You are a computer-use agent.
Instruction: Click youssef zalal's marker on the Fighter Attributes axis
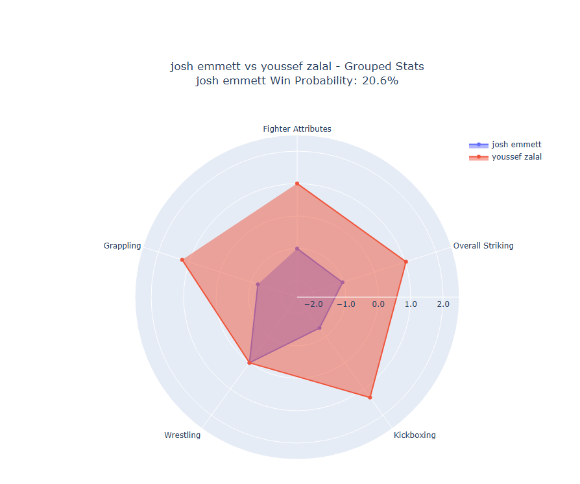297,184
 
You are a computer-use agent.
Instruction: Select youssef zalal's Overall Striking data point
405,262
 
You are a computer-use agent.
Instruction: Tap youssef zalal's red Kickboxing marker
370,397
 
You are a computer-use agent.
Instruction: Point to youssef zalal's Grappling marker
182,260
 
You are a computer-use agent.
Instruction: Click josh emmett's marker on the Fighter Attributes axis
297,248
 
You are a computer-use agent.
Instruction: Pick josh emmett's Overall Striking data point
342,282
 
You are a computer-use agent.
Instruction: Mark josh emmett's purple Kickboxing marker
319,328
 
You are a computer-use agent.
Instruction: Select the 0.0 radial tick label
378,304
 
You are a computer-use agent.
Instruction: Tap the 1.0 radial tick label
410,304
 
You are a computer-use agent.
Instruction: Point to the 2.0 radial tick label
442,304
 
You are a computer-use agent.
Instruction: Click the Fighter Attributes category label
297,128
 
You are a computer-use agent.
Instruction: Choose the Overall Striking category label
483,246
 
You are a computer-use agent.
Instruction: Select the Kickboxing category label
415,435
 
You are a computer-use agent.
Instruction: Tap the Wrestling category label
182,435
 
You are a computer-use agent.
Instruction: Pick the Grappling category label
122,246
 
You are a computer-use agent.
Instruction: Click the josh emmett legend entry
516,144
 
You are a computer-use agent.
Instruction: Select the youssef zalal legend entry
516,157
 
